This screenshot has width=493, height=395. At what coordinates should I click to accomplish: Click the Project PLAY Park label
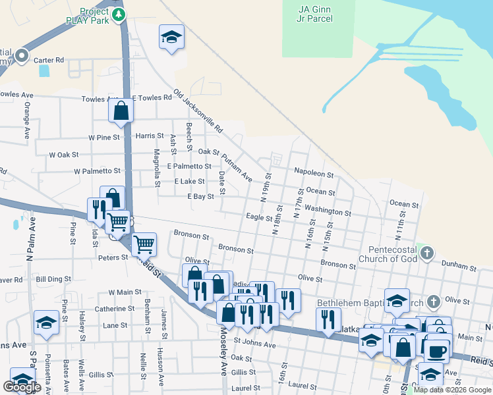(94, 15)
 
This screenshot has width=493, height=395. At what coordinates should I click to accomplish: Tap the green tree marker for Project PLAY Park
(119, 14)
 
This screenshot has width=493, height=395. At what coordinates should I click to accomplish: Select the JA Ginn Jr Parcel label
(315, 13)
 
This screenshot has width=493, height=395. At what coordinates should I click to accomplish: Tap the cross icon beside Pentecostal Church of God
(427, 252)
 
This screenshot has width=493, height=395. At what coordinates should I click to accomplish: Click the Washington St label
(328, 211)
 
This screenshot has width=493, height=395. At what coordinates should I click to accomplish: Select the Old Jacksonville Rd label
(198, 111)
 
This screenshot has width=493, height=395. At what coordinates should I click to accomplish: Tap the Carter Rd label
(49, 60)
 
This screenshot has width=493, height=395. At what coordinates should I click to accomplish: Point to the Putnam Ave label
(237, 167)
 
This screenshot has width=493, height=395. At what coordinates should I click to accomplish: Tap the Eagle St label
(259, 217)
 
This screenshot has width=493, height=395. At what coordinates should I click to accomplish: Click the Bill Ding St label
(49, 280)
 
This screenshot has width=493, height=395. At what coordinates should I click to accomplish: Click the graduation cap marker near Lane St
(46, 321)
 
